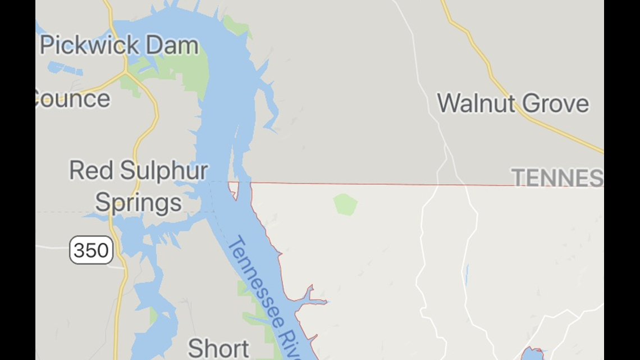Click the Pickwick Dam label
pyautogui.click(x=120, y=45)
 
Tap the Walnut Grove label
pyautogui.click(x=513, y=103)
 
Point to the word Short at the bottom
pyautogui.click(x=218, y=348)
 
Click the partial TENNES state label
pyautogui.click(x=557, y=177)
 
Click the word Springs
pyautogui.click(x=138, y=202)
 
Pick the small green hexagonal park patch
pyautogui.click(x=345, y=204)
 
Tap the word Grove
pyautogui.click(x=556, y=103)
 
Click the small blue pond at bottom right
pyautogui.click(x=532, y=354)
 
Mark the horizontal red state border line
pyautogui.click(x=382, y=184)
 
